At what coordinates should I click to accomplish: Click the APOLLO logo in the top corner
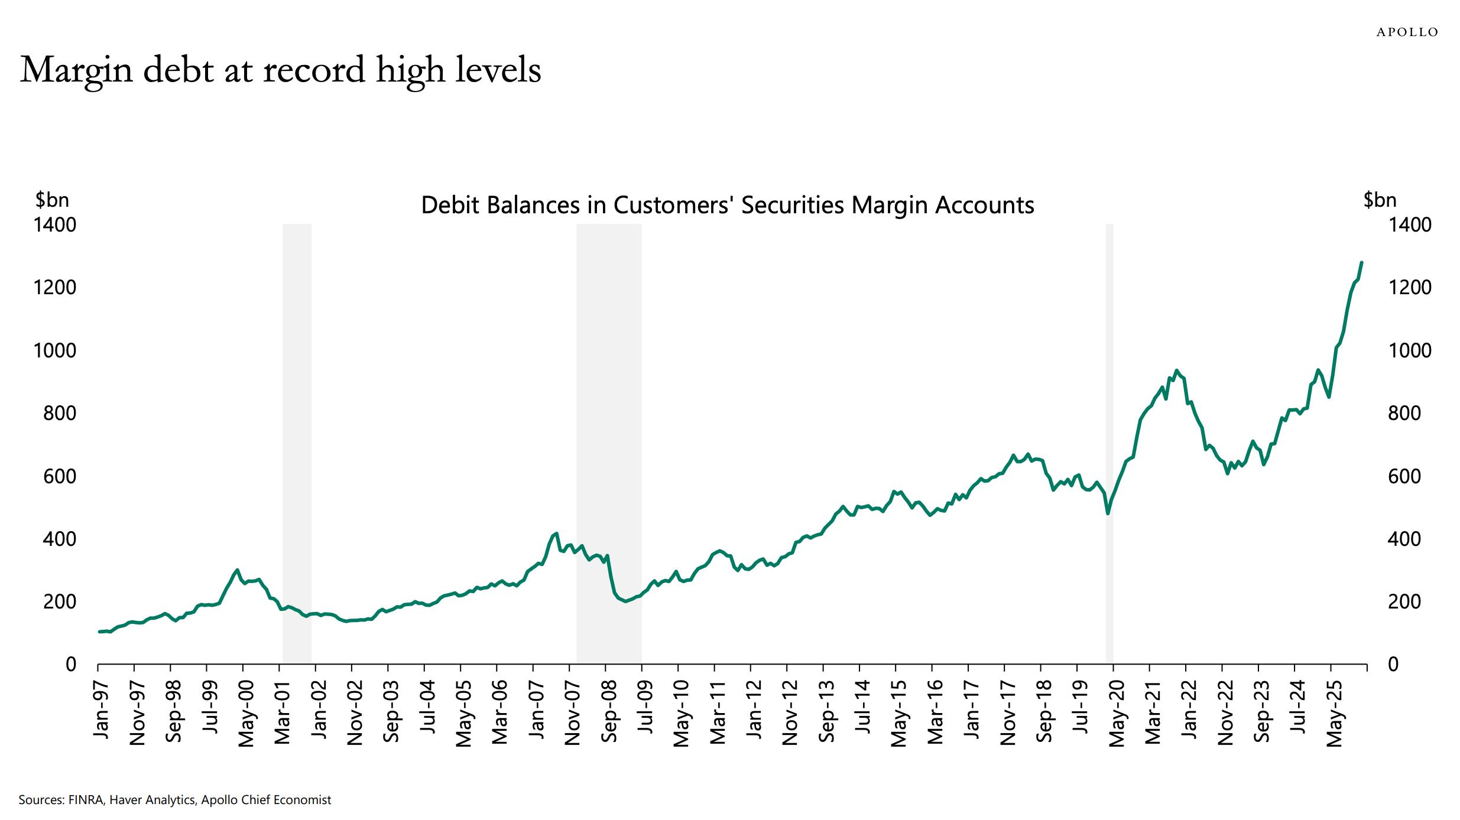[1407, 32]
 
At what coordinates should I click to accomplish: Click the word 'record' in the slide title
[314, 70]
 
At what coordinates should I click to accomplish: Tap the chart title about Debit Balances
[727, 205]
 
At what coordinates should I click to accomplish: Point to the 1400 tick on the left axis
[54, 225]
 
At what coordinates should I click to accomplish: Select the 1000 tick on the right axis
[1409, 351]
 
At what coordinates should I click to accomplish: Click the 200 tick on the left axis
[59, 602]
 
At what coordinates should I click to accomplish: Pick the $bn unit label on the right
[1380, 200]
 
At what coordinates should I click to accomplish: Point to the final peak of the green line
[1361, 262]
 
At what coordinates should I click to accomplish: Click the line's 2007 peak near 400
[556, 533]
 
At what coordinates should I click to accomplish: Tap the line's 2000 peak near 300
[237, 570]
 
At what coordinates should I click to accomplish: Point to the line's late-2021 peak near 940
[1176, 370]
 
